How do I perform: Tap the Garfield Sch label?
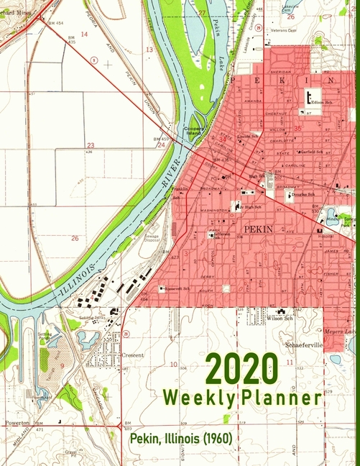click(x=313, y=152)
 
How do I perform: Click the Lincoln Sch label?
click(x=248, y=135)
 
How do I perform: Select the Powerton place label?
click(x=17, y=423)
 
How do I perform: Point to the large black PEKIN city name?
click(x=259, y=229)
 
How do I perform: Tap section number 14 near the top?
click(x=84, y=34)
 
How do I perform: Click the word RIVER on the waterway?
click(x=170, y=184)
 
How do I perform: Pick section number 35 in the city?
click(x=297, y=129)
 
